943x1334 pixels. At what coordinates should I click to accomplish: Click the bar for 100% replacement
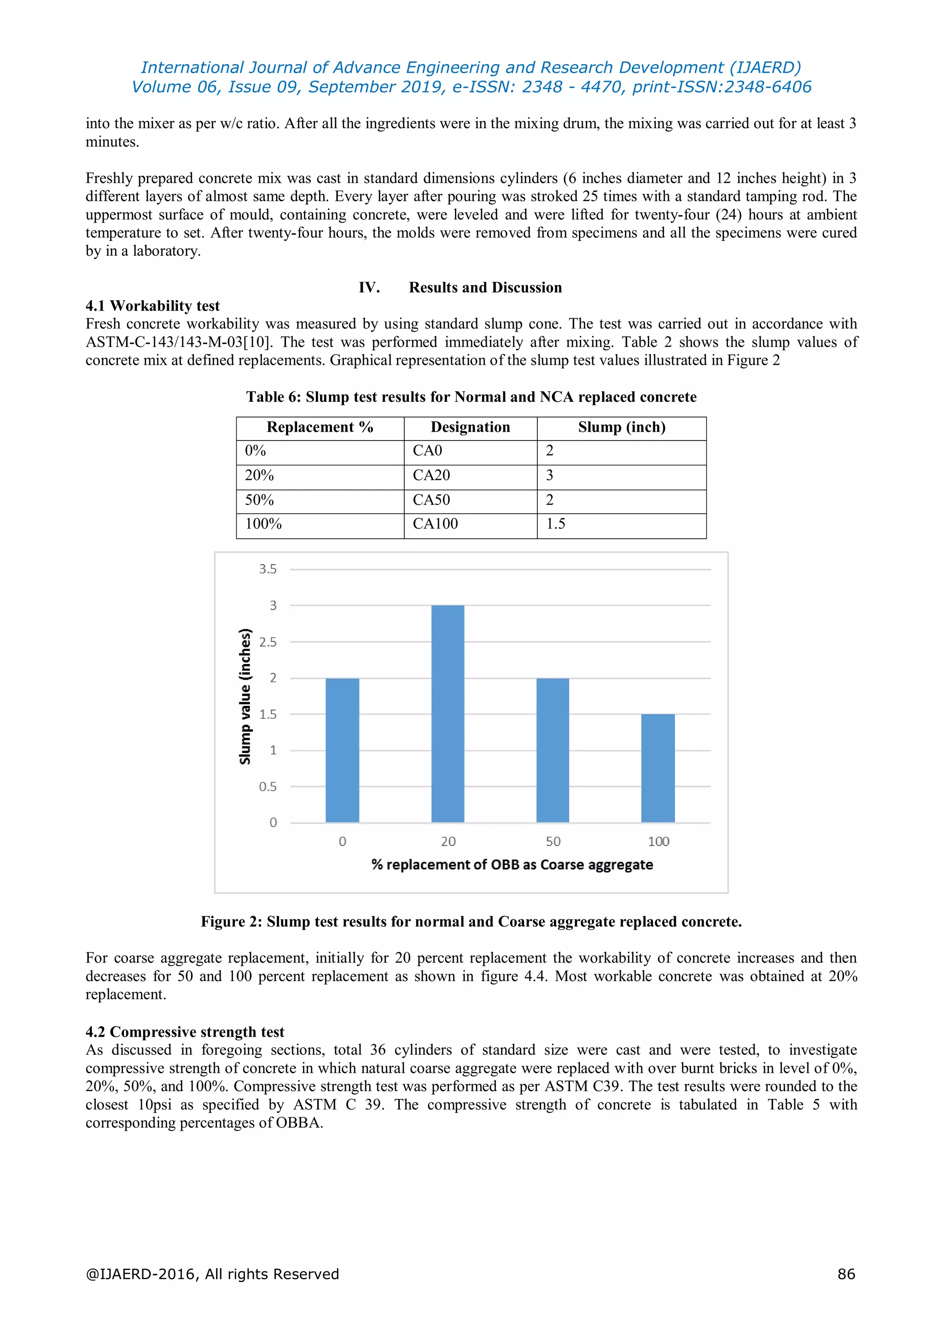658,768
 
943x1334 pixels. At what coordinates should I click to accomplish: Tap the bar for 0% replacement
342,750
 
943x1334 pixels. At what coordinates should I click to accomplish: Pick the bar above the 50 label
553,750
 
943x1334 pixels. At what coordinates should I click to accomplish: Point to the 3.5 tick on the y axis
268,570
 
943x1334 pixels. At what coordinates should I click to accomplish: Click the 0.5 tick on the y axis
268,787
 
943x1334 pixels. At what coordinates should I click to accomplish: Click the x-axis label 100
658,841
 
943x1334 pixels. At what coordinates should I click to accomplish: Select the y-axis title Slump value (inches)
245,696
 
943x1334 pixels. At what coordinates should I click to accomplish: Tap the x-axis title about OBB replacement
512,864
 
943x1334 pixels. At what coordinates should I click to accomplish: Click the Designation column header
470,427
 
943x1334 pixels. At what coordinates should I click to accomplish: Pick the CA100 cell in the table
436,524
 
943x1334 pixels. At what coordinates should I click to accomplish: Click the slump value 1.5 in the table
555,524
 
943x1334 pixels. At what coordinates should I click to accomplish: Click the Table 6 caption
471,397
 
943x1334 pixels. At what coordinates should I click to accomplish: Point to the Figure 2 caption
471,922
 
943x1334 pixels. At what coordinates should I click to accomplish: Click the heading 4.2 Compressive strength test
185,1032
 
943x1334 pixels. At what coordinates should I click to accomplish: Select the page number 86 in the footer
846,1274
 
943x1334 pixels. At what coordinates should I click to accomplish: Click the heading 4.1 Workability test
153,306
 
